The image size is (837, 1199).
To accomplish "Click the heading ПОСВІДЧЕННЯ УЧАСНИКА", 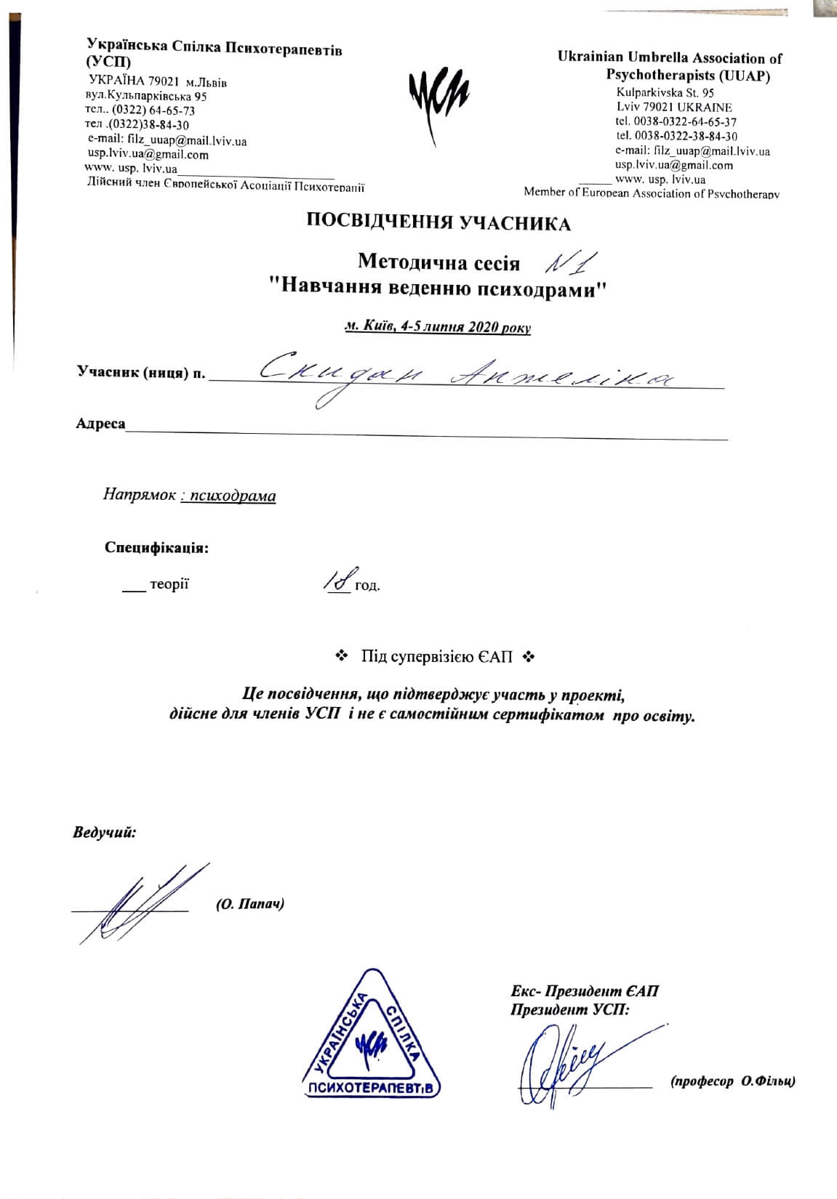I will (438, 223).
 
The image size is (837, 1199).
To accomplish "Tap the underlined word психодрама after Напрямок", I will (228, 496).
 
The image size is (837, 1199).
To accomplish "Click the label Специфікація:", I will (156, 547).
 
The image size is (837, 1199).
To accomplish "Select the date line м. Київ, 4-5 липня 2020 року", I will (438, 327).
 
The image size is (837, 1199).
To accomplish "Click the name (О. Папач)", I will (249, 904).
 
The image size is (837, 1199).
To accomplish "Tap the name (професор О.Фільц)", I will (732, 1081).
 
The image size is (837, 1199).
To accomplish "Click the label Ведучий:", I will (105, 832).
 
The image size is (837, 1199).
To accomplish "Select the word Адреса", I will (100, 424).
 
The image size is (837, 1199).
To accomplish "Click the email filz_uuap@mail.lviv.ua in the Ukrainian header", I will (167, 141).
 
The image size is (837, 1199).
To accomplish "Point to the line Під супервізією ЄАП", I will (436, 657).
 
